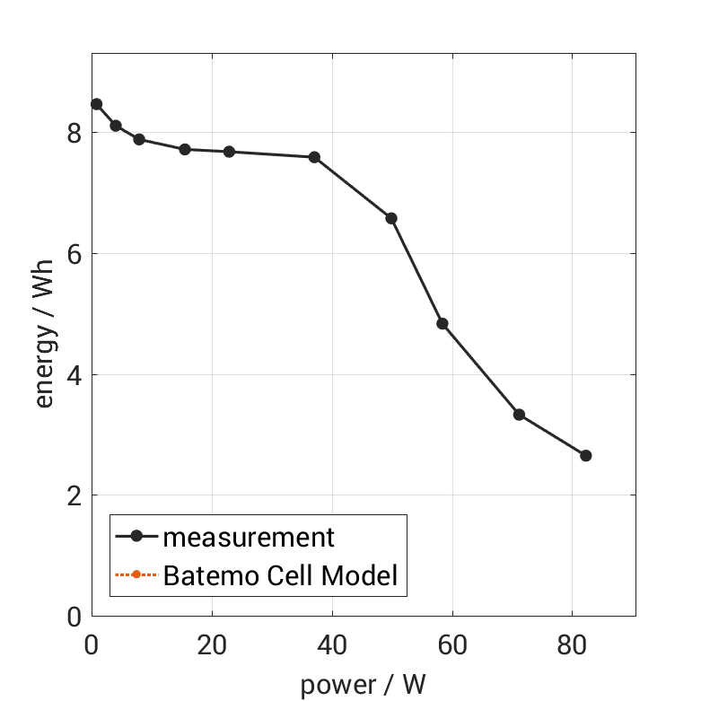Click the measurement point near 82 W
586,456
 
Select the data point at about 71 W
519,415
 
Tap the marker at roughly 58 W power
443,323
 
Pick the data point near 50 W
391,218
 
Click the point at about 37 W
314,157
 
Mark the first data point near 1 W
97,104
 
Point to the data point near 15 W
185,149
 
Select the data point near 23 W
229,152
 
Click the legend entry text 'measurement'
249,538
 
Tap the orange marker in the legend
136,574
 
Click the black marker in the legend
136,537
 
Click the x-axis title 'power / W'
363,685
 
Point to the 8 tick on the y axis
74,133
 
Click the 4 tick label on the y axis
74,374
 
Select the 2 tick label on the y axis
74,495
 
